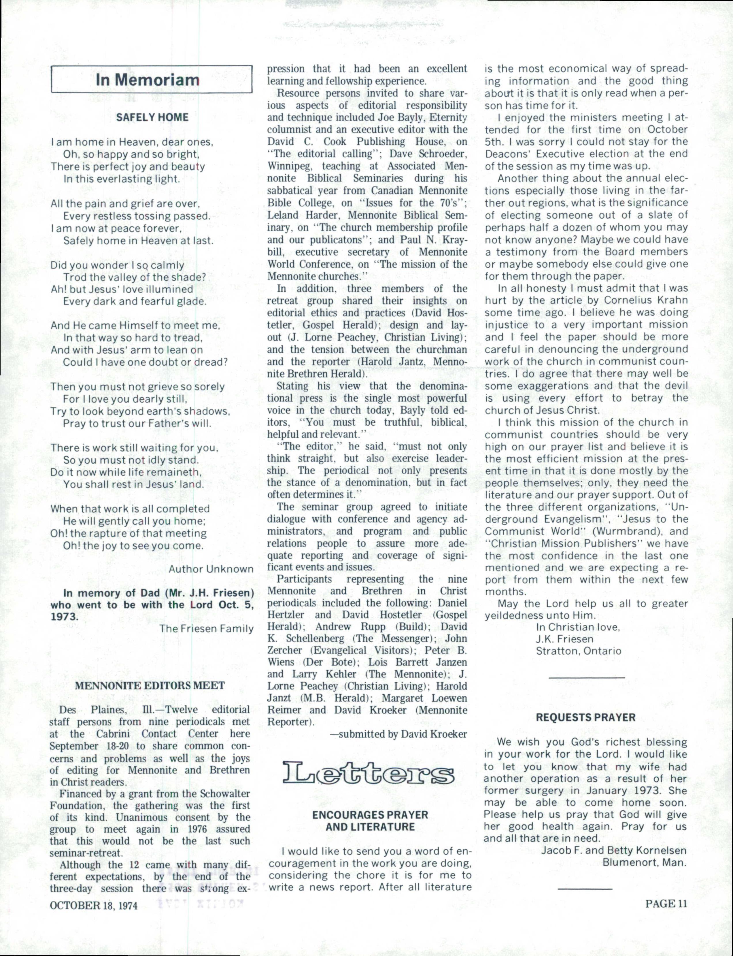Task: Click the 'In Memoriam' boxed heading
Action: tap(148, 80)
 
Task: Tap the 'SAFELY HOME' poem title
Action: tap(152, 117)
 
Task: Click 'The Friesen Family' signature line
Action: tap(206, 628)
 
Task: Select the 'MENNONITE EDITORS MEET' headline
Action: tap(150, 685)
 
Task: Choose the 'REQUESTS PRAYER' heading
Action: tap(585, 717)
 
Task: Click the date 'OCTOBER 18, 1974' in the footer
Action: tap(94, 905)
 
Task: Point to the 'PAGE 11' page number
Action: tap(666, 903)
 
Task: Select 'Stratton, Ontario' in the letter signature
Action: tap(579, 651)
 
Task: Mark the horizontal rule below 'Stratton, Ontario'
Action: tap(586, 677)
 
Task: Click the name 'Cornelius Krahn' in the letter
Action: tap(646, 300)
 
